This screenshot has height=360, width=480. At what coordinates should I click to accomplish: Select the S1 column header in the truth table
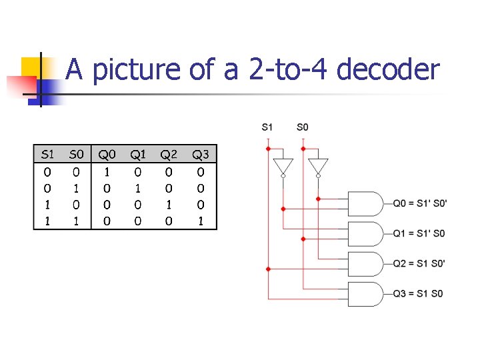[48, 155]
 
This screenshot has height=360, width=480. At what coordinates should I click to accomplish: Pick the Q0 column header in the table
[107, 155]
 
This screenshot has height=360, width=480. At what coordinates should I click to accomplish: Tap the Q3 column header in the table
[201, 155]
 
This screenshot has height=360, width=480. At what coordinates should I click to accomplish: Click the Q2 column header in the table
[169, 155]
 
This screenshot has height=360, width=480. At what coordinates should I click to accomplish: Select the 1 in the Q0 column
[107, 172]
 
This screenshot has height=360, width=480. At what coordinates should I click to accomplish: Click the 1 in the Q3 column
[201, 221]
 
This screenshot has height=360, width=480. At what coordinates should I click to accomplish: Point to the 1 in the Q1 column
[138, 189]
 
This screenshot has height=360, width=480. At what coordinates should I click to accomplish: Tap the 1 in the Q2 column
[169, 205]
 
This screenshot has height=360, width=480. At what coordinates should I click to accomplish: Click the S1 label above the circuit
[267, 127]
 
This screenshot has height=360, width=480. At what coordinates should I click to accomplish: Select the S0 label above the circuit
[303, 127]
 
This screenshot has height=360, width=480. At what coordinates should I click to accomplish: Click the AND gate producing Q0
[365, 203]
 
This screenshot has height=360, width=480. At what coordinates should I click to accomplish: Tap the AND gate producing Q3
[365, 294]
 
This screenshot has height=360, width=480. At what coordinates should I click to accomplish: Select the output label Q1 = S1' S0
[419, 233]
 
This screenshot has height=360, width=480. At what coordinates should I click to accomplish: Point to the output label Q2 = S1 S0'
[419, 263]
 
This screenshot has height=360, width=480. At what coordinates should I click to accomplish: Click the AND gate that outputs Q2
[365, 264]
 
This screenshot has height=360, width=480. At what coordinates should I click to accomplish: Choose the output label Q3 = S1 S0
[417, 293]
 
